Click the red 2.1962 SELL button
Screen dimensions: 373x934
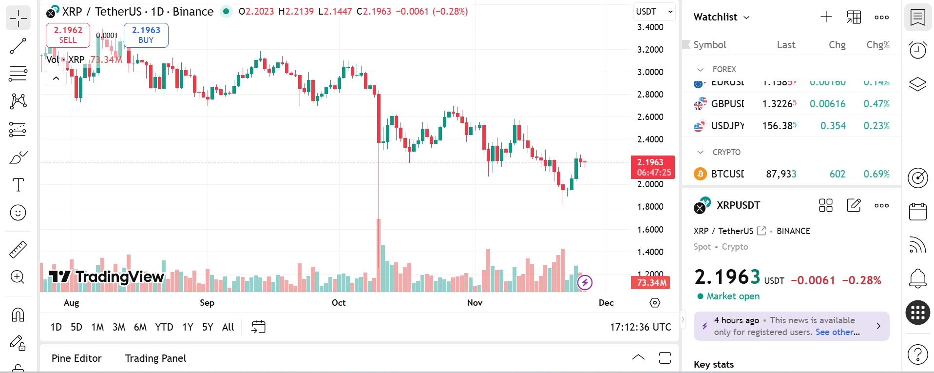coord(68,35)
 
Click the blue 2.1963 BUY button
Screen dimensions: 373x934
coord(146,35)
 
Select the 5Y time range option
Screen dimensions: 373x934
coord(208,327)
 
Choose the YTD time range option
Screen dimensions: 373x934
coord(164,327)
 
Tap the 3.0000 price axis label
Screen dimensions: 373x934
coord(650,72)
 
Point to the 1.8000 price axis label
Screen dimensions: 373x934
coord(650,207)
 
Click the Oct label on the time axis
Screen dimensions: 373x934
coord(339,303)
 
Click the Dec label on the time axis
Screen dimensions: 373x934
coord(606,303)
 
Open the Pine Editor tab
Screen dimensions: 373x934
coord(76,358)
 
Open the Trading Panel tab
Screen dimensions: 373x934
coord(155,358)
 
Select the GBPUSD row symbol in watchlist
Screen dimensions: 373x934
coord(727,104)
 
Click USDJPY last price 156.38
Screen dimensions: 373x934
coord(779,126)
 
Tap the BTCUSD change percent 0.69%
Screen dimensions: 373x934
coord(876,174)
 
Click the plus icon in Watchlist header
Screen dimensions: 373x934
coord(826,17)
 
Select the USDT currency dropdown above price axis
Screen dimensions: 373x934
coord(654,12)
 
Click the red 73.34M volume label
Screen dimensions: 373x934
coord(651,283)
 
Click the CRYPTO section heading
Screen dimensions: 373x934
coord(726,152)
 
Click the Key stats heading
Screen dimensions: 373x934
coord(713,365)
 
